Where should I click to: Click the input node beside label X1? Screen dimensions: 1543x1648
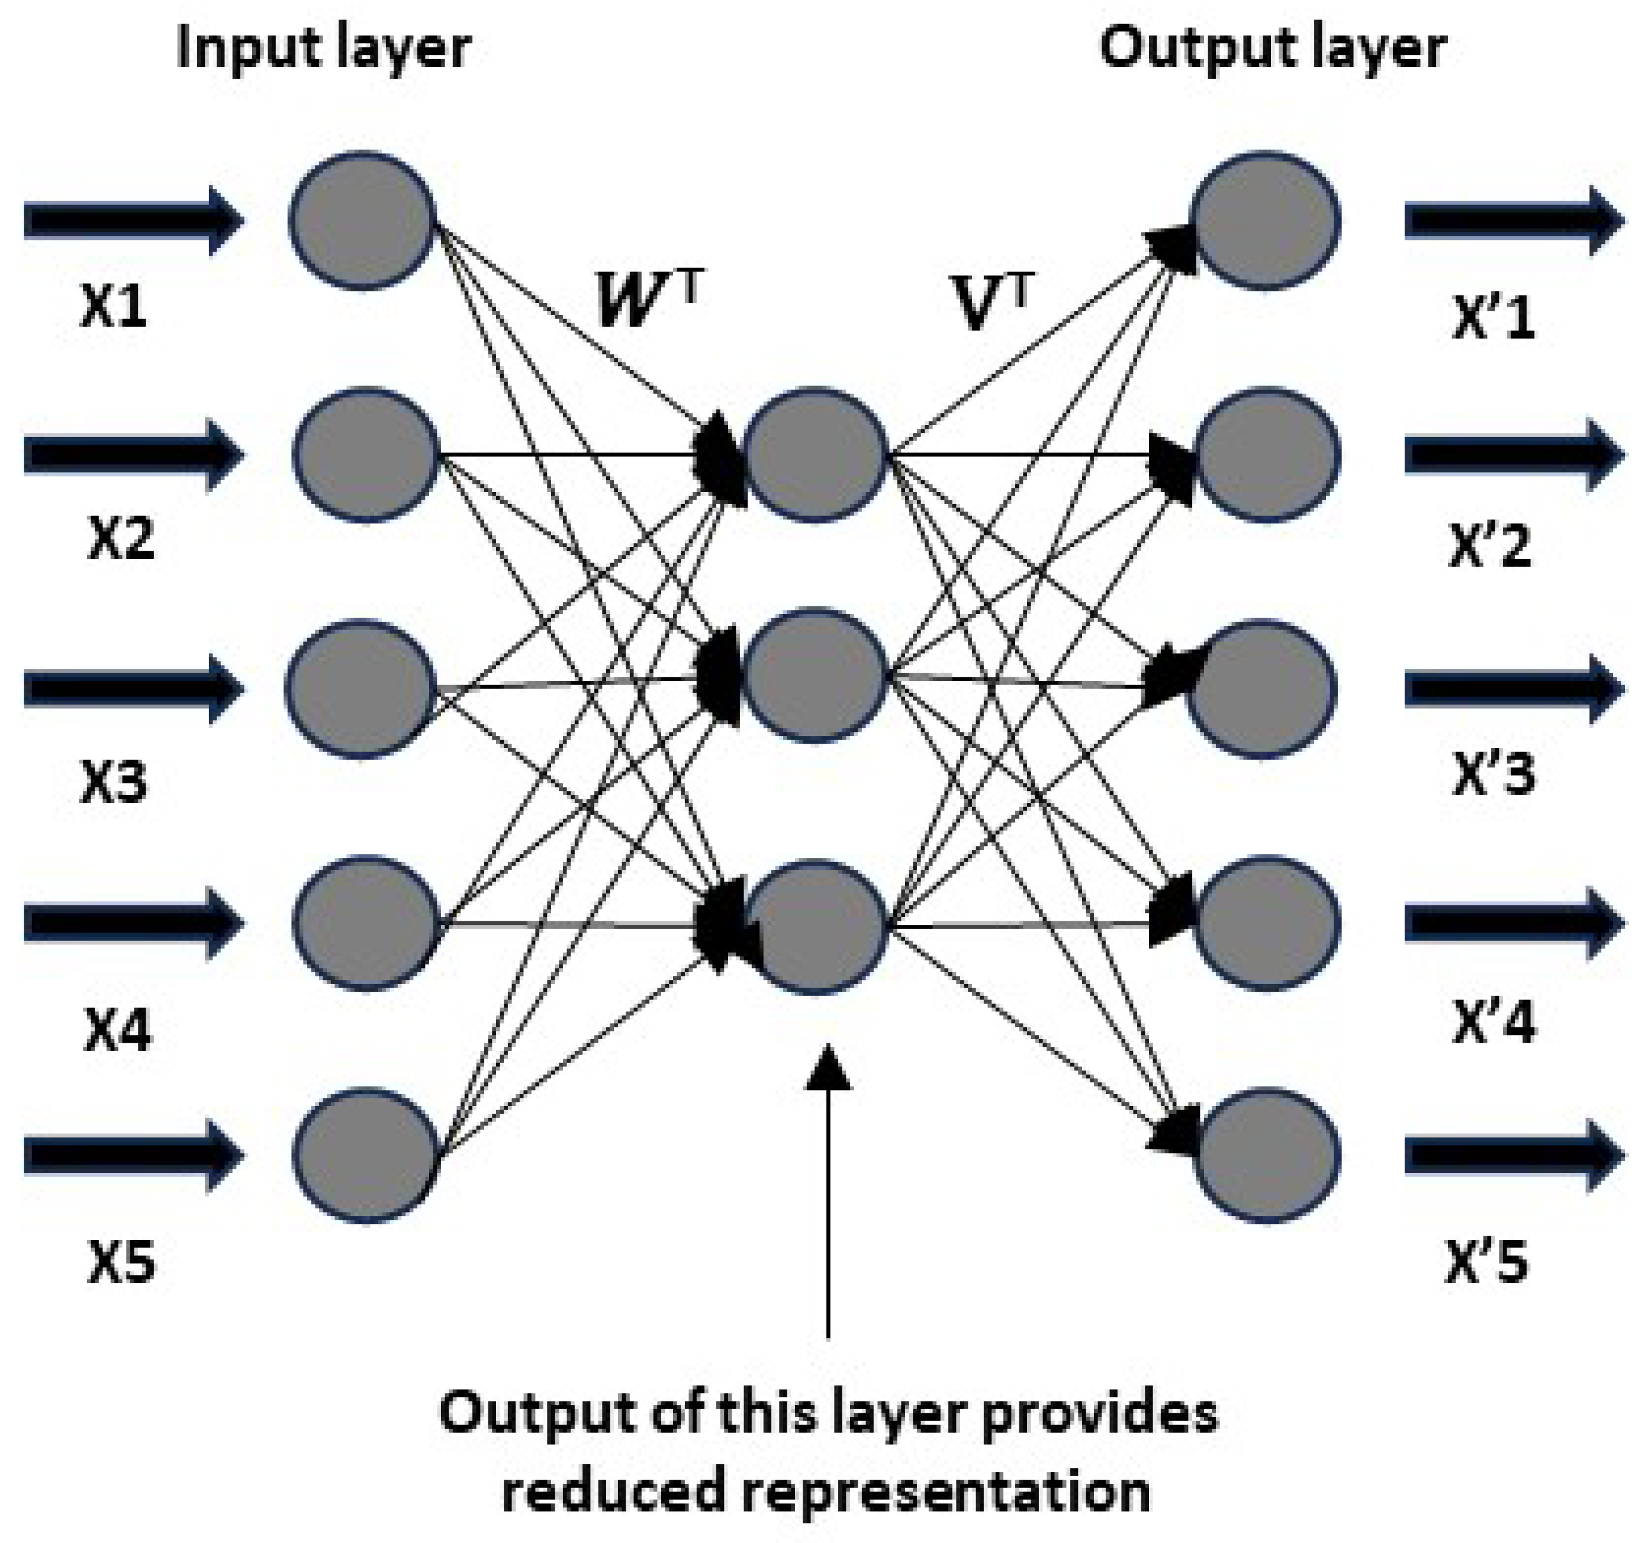[x=363, y=220]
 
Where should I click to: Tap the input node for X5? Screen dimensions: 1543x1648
[x=366, y=1156]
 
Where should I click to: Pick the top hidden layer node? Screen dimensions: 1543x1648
[x=816, y=455]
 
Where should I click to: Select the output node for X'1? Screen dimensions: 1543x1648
[x=1266, y=220]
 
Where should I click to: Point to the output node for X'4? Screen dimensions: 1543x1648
[x=1266, y=924]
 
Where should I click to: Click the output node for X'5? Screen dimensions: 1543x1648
[x=1266, y=1156]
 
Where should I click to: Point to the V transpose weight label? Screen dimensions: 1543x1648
[x=992, y=303]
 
